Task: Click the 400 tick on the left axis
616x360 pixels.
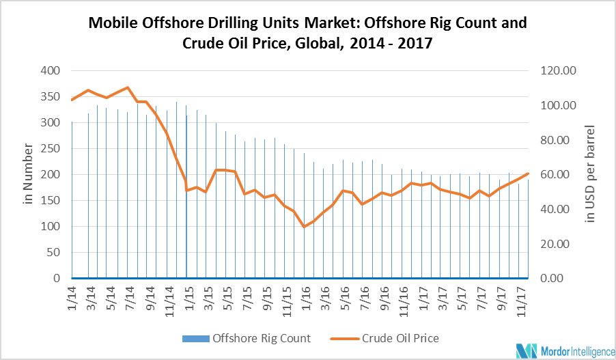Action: pos(51,70)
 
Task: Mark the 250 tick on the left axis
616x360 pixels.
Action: pos(51,148)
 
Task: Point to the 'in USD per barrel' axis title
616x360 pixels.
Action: pos(590,174)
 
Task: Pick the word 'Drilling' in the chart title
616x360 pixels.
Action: pos(244,23)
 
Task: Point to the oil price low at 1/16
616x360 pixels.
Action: pos(304,226)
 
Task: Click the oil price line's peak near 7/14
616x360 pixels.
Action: pos(128,87)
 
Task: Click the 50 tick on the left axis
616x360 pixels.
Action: pos(53,252)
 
